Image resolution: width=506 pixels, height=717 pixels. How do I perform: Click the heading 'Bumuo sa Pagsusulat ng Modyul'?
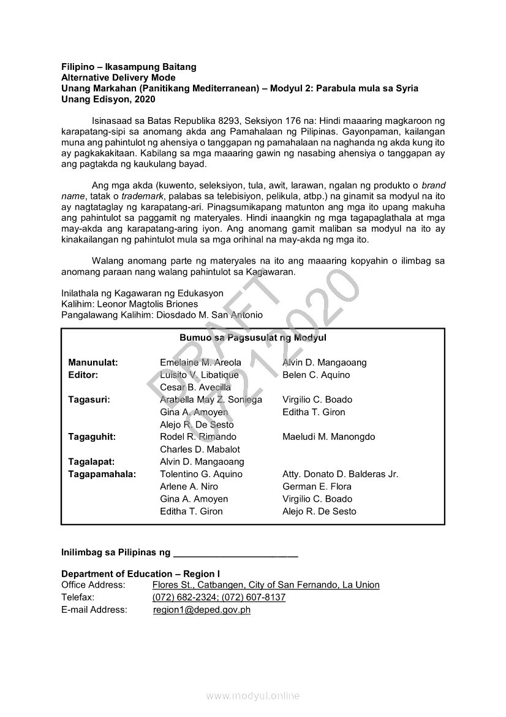252,338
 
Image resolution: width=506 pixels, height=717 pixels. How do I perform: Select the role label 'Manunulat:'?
93,362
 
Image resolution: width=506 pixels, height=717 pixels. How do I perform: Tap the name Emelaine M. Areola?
200,362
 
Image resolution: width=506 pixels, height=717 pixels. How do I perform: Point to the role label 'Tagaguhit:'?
92,437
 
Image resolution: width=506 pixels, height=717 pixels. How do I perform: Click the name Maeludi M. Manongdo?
328,437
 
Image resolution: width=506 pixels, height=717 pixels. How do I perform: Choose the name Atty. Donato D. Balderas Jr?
340,474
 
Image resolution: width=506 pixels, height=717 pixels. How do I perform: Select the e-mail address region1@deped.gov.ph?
202,610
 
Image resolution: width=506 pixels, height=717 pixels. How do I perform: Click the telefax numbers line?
219,597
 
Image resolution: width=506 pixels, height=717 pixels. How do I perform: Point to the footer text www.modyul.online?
252,696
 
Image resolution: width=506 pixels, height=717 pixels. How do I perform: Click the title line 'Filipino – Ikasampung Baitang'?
129,67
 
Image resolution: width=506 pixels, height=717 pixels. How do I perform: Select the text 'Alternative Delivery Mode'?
118,77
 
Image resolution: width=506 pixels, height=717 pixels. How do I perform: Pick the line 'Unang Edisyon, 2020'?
105,99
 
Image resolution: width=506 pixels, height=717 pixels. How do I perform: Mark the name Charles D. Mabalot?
200,449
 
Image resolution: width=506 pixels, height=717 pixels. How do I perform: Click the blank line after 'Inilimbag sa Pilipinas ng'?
235,553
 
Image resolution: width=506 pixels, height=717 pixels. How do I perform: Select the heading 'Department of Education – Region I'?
140,574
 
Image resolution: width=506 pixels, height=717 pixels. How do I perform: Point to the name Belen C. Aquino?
316,375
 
